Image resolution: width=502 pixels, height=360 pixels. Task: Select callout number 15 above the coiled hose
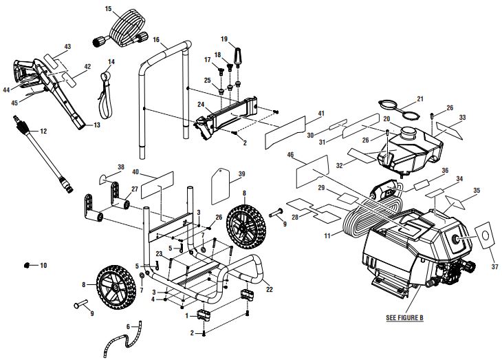click(108, 9)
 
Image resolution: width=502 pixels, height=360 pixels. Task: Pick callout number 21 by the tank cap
click(420, 98)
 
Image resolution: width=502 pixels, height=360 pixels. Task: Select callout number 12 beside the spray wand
click(43, 130)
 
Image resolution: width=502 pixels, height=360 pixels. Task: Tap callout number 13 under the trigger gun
click(96, 125)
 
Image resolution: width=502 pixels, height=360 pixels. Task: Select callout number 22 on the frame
click(269, 289)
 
